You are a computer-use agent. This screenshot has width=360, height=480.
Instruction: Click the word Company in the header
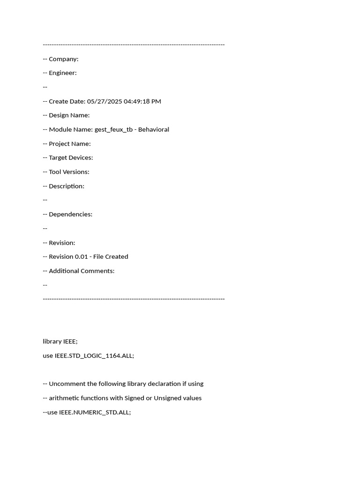62,59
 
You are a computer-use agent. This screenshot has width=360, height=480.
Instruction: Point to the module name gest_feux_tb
113,130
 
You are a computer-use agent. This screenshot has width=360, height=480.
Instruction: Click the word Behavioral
154,129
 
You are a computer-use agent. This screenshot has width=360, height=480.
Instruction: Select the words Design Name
69,115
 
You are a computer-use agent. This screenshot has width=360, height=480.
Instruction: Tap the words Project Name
69,144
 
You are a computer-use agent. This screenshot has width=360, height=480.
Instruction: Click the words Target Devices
71,158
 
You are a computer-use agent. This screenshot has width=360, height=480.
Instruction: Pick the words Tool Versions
69,172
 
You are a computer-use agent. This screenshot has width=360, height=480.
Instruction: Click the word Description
66,186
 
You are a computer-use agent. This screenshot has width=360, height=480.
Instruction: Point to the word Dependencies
70,214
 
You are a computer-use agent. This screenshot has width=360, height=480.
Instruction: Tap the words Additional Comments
81,271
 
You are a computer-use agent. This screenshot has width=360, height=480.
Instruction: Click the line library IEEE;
60,341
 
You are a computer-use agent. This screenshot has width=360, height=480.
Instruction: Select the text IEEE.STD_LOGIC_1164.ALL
94,356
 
